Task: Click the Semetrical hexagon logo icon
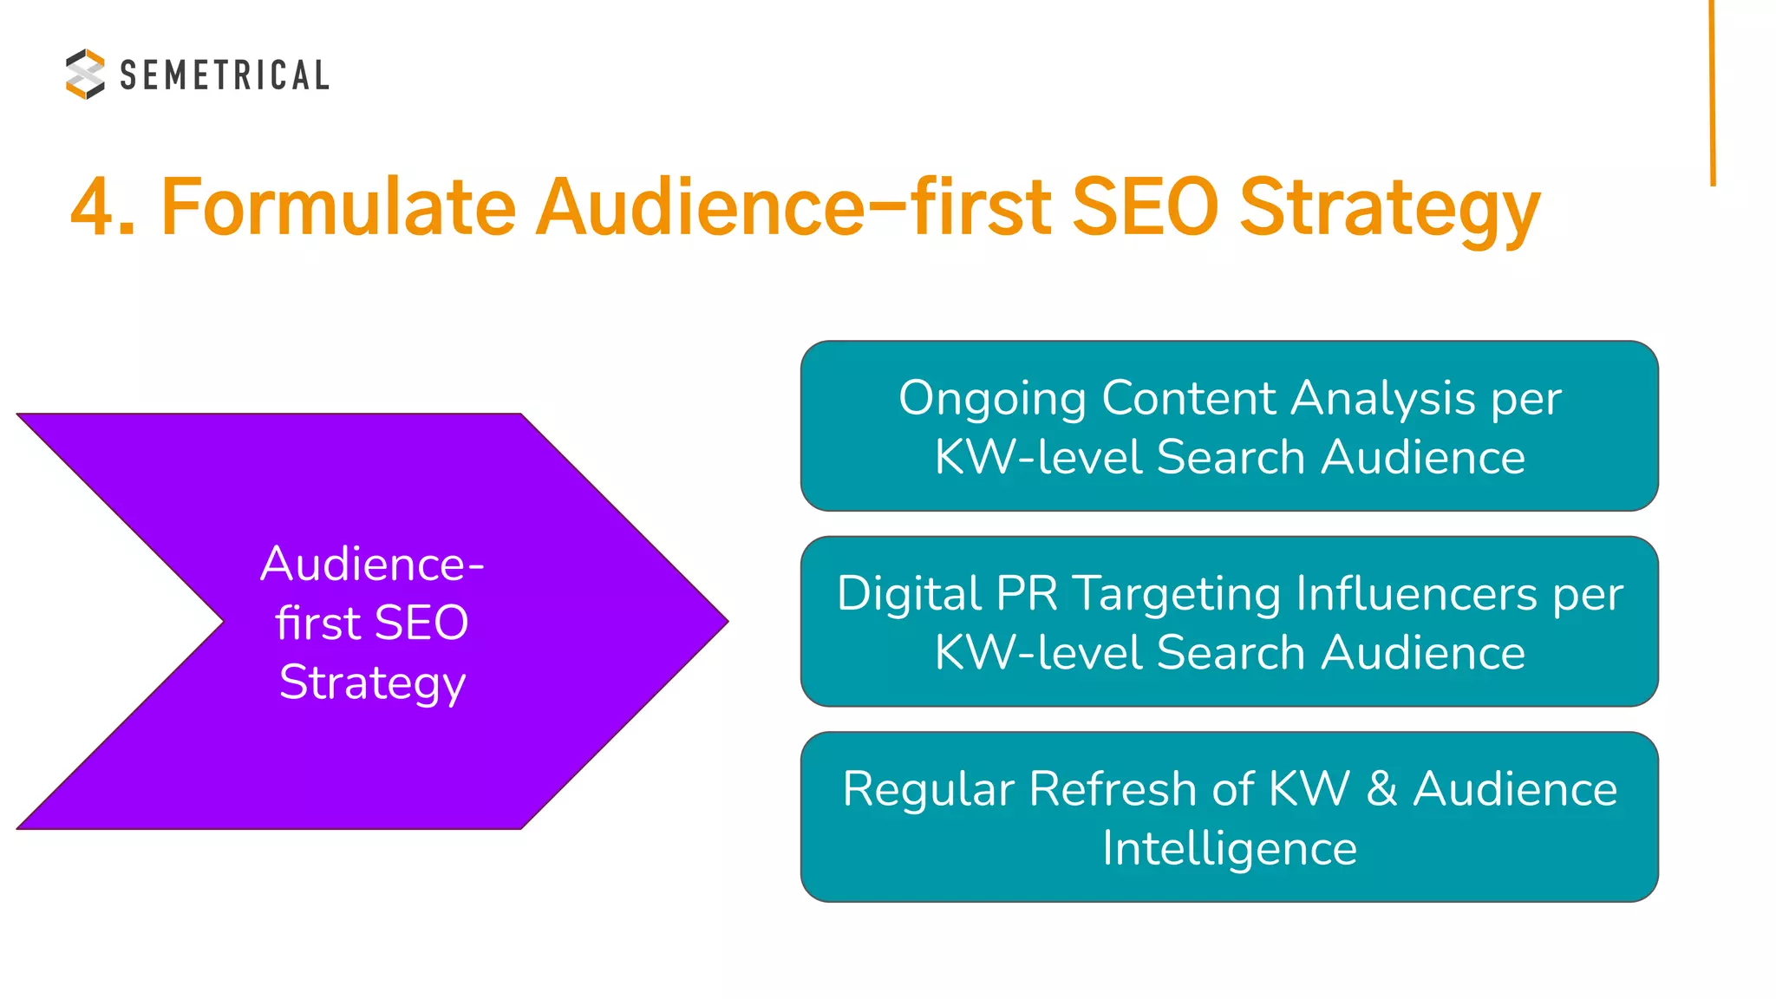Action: [x=85, y=74]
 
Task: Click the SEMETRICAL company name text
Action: [x=224, y=75]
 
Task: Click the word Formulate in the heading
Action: [x=338, y=208]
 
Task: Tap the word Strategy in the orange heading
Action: [x=1389, y=210]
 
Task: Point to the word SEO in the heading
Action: [x=1145, y=208]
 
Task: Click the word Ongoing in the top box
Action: [x=992, y=400]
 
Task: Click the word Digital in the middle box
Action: [x=909, y=595]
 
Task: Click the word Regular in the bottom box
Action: [x=928, y=790]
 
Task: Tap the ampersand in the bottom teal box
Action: [x=1381, y=790]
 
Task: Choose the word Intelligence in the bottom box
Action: [x=1230, y=849]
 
